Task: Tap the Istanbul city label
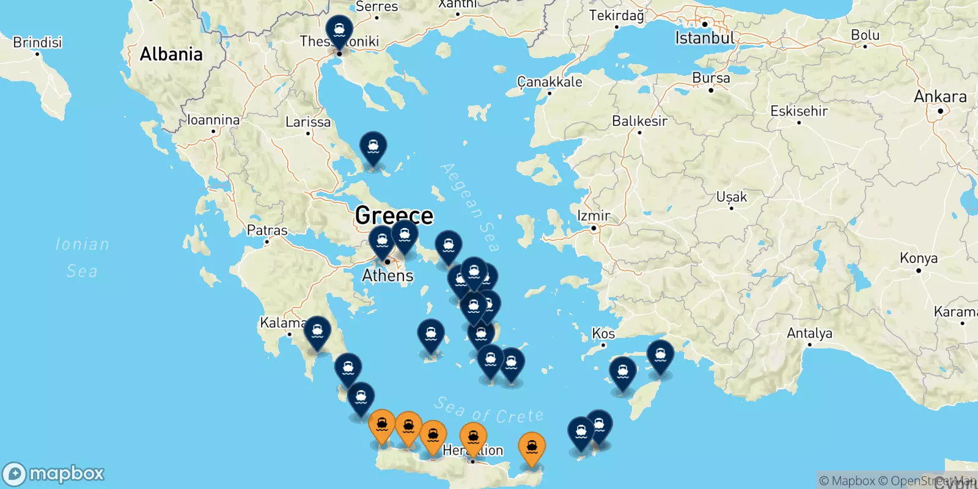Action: [704, 38]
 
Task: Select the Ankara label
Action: [939, 97]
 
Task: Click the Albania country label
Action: [171, 54]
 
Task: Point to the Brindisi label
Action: [37, 42]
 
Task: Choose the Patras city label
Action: [267, 230]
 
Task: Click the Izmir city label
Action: [593, 216]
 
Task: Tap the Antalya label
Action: [809, 333]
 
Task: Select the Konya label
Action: [918, 258]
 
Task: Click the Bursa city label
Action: [711, 78]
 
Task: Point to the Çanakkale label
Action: [550, 82]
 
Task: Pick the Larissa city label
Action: [308, 122]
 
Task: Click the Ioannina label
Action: [213, 120]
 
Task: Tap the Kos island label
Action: [603, 334]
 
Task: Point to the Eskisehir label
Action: [799, 111]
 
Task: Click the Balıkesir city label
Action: [639, 121]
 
